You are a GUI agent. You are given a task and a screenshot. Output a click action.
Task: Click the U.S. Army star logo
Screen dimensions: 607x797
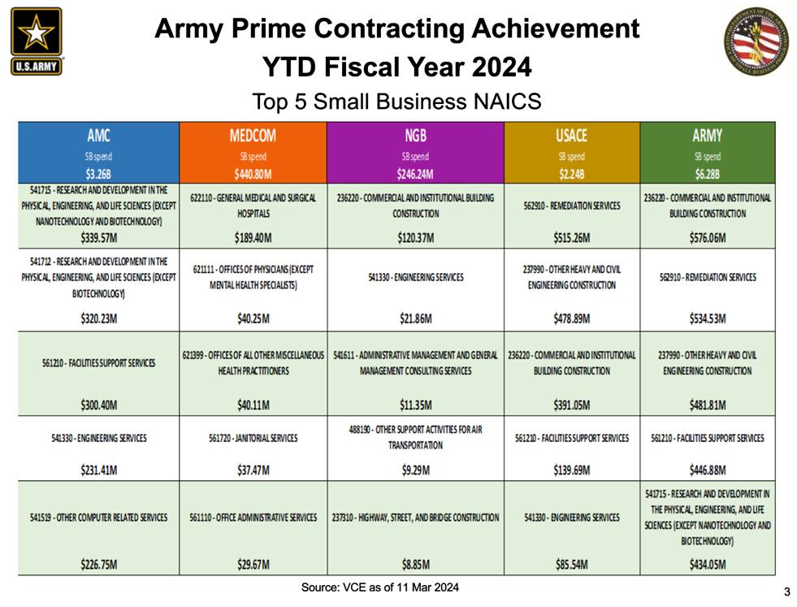pyautogui.click(x=36, y=41)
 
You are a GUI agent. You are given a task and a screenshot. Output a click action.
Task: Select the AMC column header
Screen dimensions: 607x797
pyautogui.click(x=98, y=136)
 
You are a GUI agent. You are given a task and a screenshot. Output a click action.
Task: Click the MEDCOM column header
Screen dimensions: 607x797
pyautogui.click(x=253, y=136)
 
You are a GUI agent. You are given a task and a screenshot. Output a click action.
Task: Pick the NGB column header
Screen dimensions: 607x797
pyautogui.click(x=415, y=136)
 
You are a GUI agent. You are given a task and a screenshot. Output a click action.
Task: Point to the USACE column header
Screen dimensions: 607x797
pyautogui.click(x=572, y=136)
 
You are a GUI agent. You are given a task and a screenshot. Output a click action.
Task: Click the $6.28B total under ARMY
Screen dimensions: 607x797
pyautogui.click(x=707, y=173)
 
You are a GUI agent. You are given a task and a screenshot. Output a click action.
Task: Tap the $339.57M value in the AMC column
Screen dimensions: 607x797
pyautogui.click(x=98, y=238)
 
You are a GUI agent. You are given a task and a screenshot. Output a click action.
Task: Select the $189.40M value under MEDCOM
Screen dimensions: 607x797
pyautogui.click(x=253, y=238)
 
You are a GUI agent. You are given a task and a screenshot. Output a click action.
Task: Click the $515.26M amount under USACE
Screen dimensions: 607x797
pyautogui.click(x=572, y=238)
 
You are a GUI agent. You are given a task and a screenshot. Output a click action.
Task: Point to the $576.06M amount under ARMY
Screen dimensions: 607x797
pyautogui.click(x=707, y=238)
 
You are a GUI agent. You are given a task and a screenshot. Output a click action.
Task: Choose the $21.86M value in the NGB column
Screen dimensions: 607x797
pyautogui.click(x=415, y=319)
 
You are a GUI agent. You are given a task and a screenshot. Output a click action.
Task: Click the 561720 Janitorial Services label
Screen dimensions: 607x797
pyautogui.click(x=253, y=438)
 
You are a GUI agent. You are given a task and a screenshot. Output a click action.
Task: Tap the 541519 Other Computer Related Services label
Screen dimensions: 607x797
pyautogui.click(x=98, y=518)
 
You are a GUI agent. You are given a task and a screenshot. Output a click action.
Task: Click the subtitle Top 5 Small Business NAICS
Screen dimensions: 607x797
pyautogui.click(x=396, y=102)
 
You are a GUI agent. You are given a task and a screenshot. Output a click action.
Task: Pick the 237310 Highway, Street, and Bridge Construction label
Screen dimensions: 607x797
pyautogui.click(x=415, y=518)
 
